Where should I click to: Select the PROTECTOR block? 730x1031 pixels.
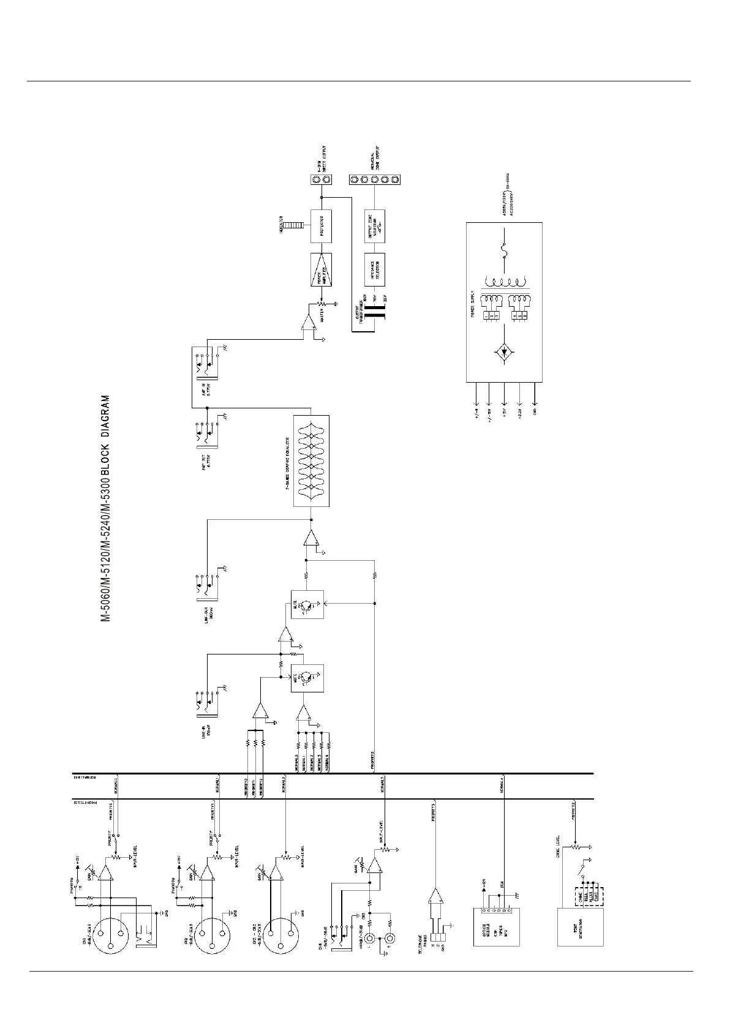click(321, 226)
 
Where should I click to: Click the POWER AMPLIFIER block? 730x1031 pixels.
click(321, 270)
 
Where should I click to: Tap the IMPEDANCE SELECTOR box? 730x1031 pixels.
click(374, 270)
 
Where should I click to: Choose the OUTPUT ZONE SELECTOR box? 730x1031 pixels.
click(374, 226)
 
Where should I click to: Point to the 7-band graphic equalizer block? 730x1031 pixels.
click(311, 460)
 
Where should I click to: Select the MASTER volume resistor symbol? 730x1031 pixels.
click(321, 304)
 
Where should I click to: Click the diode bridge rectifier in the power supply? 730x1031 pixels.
click(503, 352)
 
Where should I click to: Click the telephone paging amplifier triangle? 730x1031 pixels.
click(435, 897)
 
